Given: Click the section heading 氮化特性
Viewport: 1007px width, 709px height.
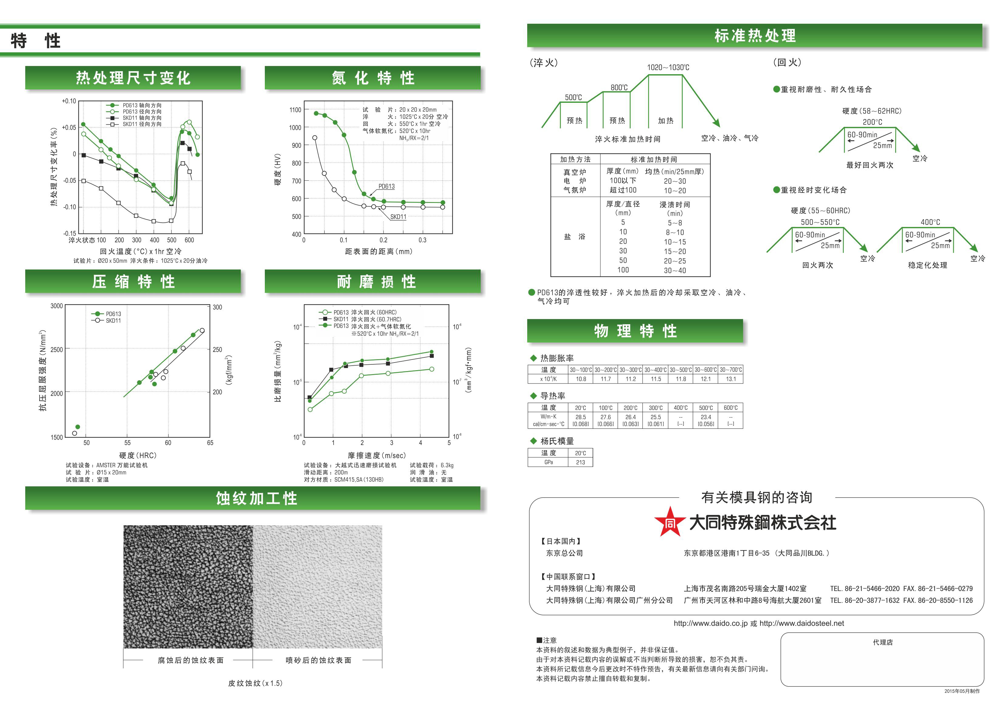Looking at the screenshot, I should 373,78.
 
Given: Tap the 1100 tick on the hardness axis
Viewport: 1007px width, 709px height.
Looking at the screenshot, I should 295,110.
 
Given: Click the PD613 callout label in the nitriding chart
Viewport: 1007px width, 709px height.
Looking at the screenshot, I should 386,186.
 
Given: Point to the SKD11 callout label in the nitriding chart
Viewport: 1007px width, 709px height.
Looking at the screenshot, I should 398,217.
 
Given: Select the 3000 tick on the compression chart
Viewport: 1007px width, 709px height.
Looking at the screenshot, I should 57,306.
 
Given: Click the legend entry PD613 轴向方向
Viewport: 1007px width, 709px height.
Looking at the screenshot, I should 142,105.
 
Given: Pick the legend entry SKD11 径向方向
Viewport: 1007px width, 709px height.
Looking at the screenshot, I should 142,124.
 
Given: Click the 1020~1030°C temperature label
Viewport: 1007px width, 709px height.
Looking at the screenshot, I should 668,68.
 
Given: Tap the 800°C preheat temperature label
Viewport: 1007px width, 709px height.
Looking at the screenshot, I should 619,88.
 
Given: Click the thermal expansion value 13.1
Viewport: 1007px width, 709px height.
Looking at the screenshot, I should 731,379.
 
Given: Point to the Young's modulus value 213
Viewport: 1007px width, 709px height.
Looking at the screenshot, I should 580,462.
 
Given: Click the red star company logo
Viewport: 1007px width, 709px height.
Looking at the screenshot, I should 670,522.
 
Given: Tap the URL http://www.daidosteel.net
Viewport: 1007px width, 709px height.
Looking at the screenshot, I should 801,623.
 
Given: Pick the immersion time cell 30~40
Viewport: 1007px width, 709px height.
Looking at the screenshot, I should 675,271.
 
